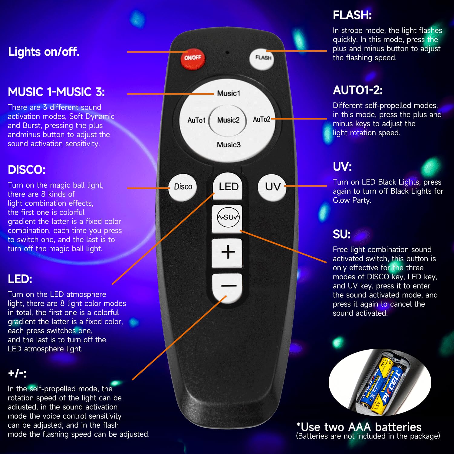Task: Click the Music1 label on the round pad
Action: (x=229, y=93)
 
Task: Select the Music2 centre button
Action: (x=228, y=120)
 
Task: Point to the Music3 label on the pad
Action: (x=229, y=145)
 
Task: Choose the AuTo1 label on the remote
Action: (x=196, y=120)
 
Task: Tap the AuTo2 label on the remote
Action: (x=261, y=119)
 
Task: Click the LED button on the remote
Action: (x=228, y=186)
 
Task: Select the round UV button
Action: (x=272, y=187)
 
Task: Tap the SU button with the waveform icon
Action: (x=228, y=217)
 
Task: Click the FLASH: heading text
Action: (x=352, y=15)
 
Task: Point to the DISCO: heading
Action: (x=27, y=170)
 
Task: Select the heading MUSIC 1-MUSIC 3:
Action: (x=56, y=92)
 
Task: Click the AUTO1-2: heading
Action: (x=358, y=90)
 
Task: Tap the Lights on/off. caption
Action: (x=44, y=52)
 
